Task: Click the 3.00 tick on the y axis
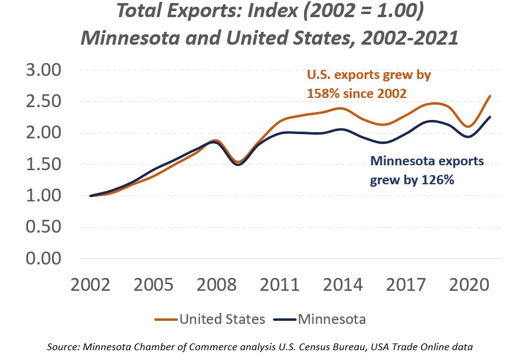[x=44, y=70]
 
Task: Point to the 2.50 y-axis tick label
[x=44, y=102]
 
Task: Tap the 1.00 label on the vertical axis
[x=44, y=196]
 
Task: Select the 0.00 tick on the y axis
[x=44, y=258]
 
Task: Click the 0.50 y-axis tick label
[x=44, y=227]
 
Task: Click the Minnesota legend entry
[x=330, y=319]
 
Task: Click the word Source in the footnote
[x=63, y=347]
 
